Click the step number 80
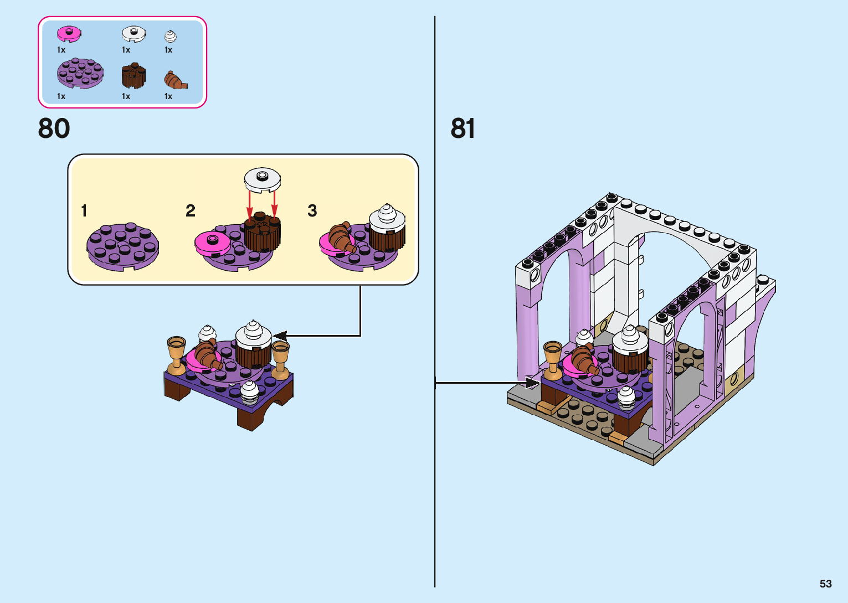click(54, 128)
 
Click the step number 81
click(462, 128)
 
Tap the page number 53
click(825, 584)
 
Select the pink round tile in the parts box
click(69, 34)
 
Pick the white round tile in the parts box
click(133, 34)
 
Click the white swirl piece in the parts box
click(170, 37)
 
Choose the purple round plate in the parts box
click(80, 74)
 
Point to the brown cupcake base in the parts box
click(133, 76)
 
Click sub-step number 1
click(84, 211)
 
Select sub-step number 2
click(191, 211)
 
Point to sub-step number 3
click(312, 211)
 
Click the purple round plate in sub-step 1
click(122, 246)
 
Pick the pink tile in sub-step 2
click(212, 243)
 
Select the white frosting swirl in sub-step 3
click(387, 217)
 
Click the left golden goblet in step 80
click(177, 354)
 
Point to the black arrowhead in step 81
click(532, 383)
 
